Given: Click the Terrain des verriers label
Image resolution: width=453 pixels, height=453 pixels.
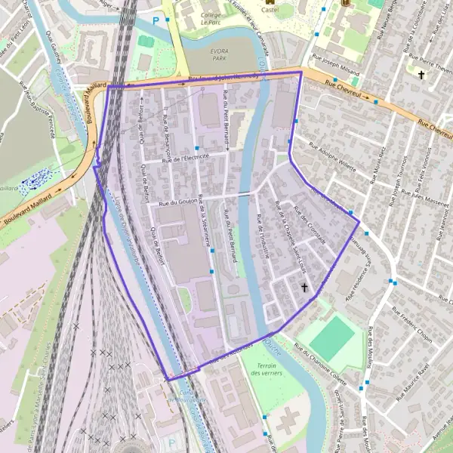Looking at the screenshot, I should pyautogui.click(x=267, y=369).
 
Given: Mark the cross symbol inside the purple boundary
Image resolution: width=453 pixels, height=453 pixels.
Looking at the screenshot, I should pyautogui.click(x=304, y=288).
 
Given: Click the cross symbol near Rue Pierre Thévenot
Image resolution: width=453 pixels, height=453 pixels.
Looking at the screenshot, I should pyautogui.click(x=421, y=74).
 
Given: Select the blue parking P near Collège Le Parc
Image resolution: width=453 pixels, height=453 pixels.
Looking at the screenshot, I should pyautogui.click(x=157, y=20).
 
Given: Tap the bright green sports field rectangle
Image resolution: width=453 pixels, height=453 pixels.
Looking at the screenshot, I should pyautogui.click(x=332, y=338).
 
